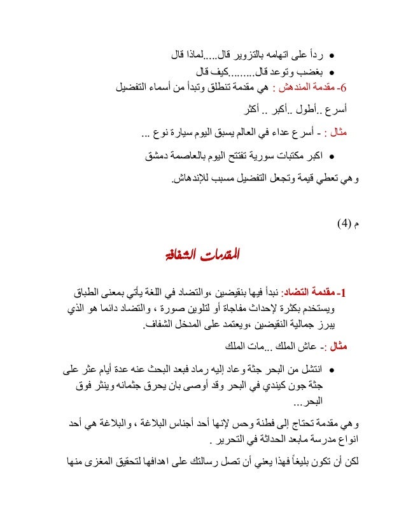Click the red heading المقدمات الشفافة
pos(202,257)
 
